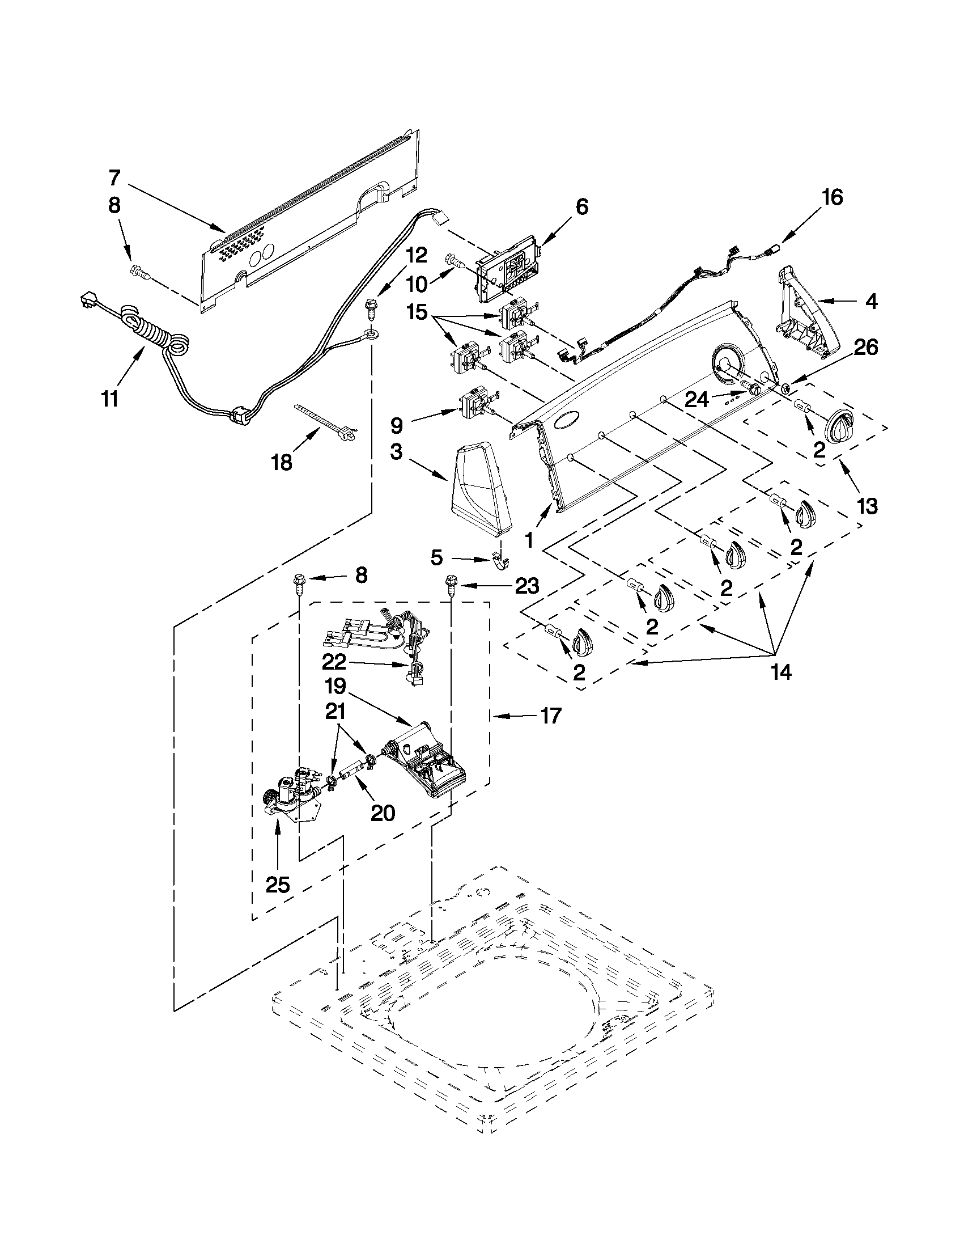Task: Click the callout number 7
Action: (x=114, y=178)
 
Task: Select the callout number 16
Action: (x=832, y=197)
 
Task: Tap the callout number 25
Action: (x=278, y=885)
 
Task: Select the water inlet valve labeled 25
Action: (x=291, y=793)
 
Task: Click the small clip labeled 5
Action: (x=500, y=561)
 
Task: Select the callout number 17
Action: (x=551, y=716)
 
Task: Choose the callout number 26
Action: (x=865, y=348)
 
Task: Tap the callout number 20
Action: (x=382, y=813)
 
